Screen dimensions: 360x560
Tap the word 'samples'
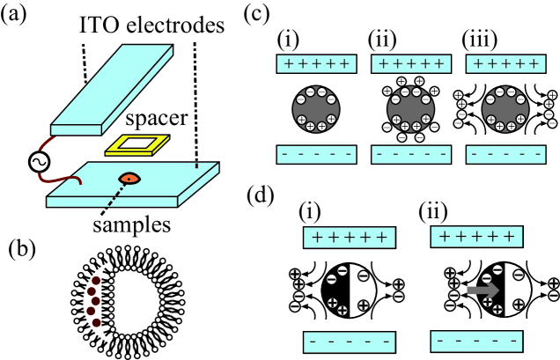131,225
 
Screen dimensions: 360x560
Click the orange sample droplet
129,179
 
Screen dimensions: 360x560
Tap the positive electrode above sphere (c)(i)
315,64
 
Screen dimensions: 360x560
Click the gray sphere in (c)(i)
315,108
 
